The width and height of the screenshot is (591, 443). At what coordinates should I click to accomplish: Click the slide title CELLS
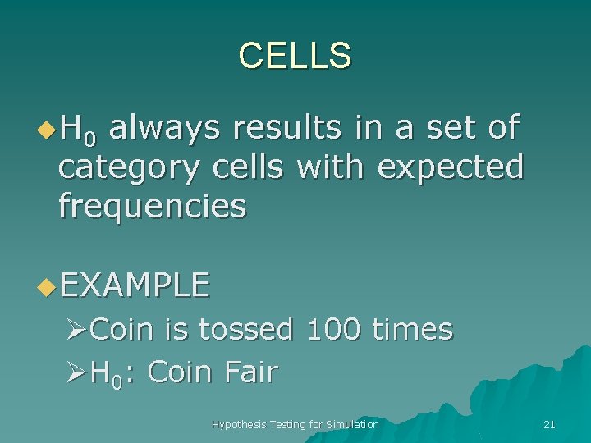click(x=295, y=55)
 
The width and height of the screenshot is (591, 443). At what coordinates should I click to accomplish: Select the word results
click(x=292, y=129)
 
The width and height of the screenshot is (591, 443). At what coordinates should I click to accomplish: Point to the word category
click(x=129, y=167)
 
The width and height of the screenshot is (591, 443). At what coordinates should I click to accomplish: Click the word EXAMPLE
click(x=135, y=285)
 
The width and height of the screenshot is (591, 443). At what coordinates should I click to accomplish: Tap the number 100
click(x=333, y=329)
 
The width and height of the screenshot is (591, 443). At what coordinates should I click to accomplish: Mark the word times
click(x=412, y=329)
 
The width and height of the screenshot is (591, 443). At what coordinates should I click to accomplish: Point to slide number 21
click(x=549, y=424)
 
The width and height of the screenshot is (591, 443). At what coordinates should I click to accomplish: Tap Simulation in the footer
click(x=350, y=424)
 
